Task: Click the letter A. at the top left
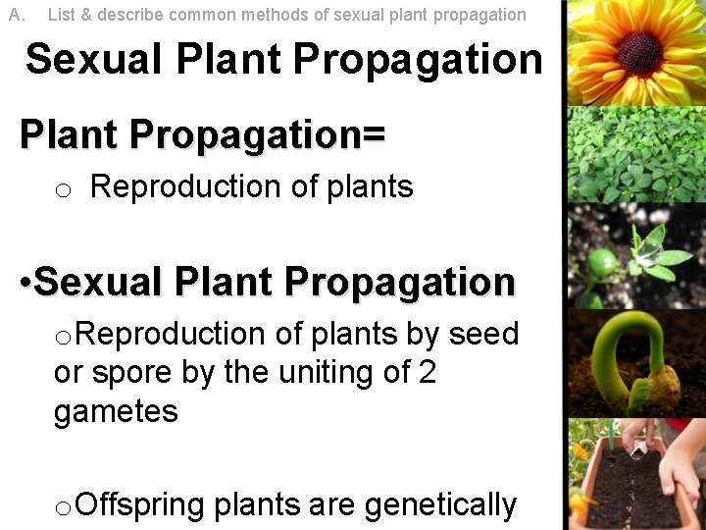[16, 15]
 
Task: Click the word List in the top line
[61, 15]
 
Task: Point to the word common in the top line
[200, 15]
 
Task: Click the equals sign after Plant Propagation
[374, 134]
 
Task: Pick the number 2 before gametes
[427, 373]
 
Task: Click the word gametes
[116, 411]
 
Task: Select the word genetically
[440, 505]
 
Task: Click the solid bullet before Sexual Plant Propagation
[25, 284]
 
